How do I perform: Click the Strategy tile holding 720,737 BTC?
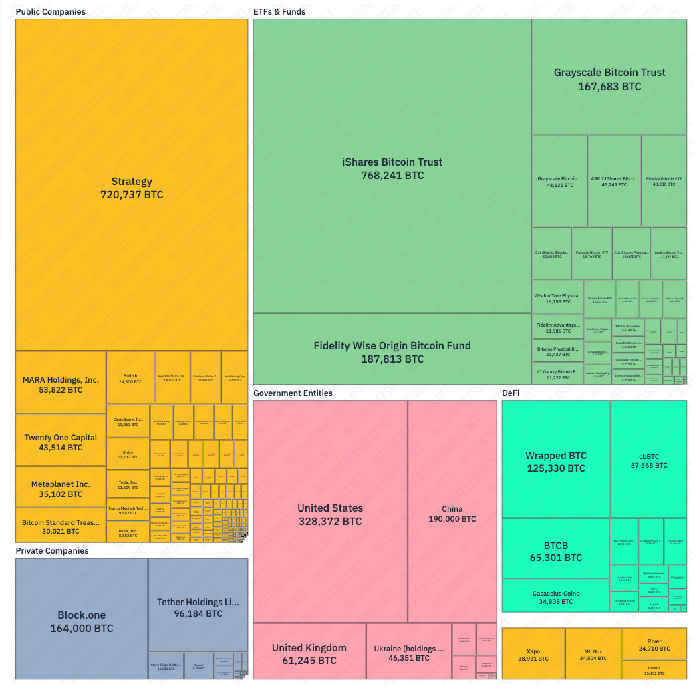[x=132, y=188]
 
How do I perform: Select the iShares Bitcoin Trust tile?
[x=392, y=168]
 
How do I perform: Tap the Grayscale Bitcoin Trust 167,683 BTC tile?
[x=609, y=79]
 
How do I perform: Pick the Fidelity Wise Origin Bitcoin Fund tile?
[x=392, y=352]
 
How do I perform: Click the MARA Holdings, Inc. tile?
[x=61, y=384]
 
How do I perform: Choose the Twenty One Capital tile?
[x=61, y=442]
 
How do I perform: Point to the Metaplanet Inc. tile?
[x=61, y=488]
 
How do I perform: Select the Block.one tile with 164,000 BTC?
[x=82, y=621]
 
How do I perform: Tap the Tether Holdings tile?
[x=198, y=607]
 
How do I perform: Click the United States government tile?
[x=330, y=514]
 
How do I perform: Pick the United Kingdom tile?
[x=309, y=653]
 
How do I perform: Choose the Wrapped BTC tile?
[x=556, y=461]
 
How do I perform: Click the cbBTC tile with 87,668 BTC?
[x=648, y=460]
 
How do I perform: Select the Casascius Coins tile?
[x=556, y=596]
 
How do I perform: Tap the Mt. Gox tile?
[x=593, y=654]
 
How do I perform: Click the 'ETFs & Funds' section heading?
[x=279, y=12]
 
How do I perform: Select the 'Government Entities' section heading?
[x=293, y=393]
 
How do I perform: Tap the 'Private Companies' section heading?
[x=52, y=551]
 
